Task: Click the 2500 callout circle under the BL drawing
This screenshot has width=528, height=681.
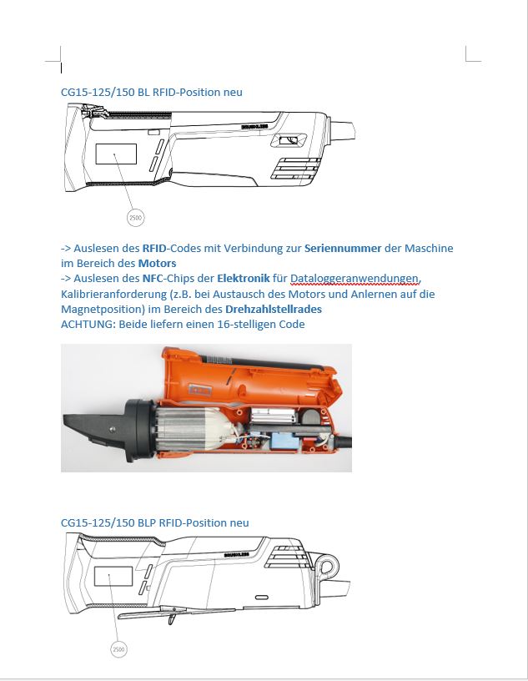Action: [135, 218]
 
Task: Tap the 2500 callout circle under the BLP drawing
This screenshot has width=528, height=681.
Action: [119, 648]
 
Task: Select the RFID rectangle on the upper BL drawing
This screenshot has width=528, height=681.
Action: [116, 154]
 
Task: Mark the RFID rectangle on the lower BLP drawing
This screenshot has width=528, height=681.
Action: [113, 578]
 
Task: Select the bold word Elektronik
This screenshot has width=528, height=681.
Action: [243, 279]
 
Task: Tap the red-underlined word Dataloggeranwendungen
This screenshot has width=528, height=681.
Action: [356, 279]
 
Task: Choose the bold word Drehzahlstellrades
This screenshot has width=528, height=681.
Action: [274, 309]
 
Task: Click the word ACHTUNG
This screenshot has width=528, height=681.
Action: [88, 324]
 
